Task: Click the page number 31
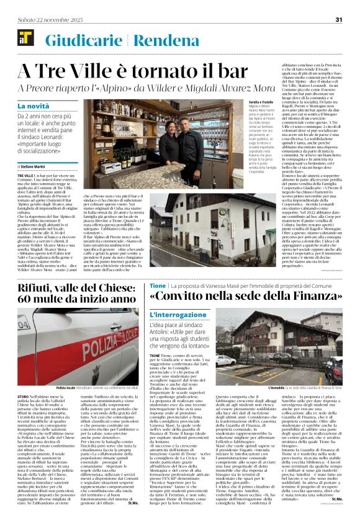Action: point(339,19)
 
